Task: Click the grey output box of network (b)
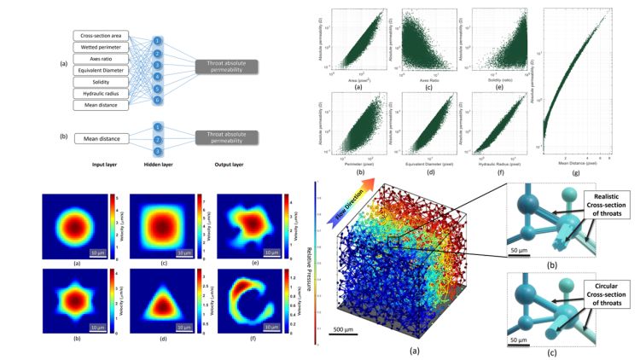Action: [232, 138]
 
